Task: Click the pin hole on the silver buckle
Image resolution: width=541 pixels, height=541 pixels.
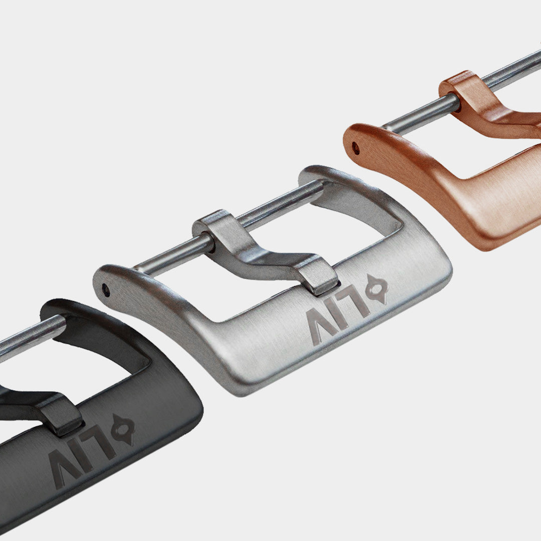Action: pos(106,290)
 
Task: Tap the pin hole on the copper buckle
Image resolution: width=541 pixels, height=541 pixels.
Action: pos(355,148)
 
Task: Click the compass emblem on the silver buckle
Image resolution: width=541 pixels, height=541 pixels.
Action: pos(377,289)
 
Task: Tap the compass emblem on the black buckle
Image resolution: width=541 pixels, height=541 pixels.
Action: pos(123,430)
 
